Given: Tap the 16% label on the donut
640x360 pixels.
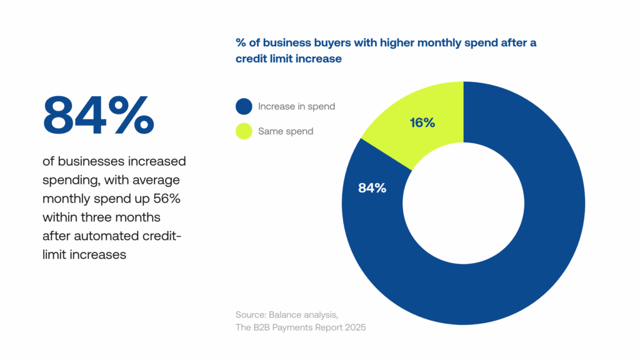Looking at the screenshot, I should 422,123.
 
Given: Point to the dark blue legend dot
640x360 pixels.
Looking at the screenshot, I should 244,106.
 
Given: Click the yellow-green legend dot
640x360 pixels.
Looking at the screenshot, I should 244,131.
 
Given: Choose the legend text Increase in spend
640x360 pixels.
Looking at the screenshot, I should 296,106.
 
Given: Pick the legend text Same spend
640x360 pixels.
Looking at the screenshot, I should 286,131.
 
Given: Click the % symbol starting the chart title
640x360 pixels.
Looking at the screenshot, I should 241,43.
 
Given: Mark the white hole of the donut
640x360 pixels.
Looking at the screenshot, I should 463,203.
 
